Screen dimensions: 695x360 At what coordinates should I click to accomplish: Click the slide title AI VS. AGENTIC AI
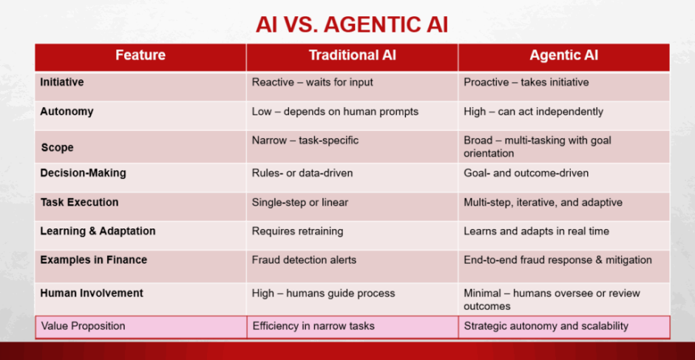coord(351,25)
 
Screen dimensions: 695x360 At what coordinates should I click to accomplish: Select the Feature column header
coord(140,55)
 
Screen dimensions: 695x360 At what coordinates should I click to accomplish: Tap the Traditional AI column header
coord(353,55)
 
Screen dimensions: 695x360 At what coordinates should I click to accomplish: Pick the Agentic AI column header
coord(564,55)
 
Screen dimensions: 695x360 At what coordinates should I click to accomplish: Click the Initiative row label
coord(62,82)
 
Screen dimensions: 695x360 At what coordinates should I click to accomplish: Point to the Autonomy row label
coord(67,112)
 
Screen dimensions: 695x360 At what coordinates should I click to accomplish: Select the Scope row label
coord(57,148)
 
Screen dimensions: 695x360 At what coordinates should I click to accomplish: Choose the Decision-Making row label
coord(83,173)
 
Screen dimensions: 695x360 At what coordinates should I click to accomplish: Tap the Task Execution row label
coord(79,203)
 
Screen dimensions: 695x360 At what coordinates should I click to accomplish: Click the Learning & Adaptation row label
coord(98,231)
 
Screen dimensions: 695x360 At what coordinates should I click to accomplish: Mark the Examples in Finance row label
coord(93,259)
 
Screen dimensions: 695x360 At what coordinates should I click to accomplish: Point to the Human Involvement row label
coord(92,293)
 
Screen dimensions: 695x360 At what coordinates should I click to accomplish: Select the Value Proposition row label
coord(84,326)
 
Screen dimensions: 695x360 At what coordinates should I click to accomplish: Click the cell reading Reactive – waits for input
coord(313,83)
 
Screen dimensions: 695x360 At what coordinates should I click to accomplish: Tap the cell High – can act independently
coord(533,112)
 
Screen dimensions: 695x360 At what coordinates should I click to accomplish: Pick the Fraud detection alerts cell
coord(304,259)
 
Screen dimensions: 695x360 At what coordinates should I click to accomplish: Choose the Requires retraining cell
coord(297,231)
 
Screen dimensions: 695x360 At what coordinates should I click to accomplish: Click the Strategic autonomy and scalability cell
coord(546,326)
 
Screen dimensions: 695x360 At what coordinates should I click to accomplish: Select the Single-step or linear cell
coord(300,203)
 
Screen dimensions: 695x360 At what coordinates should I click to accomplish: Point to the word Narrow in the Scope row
coord(269,141)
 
